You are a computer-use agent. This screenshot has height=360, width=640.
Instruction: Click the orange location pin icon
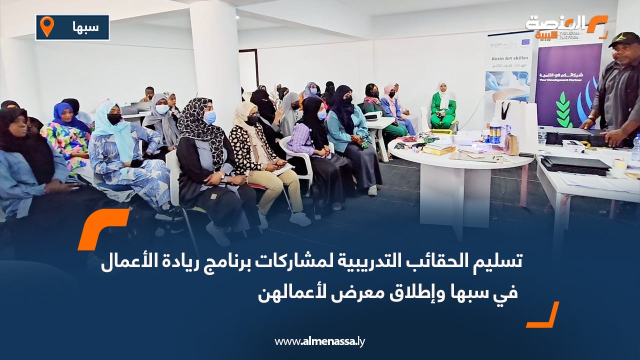(46, 26)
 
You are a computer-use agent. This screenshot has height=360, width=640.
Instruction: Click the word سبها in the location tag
(84, 27)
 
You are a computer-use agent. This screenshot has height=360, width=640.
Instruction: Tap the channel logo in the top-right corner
(566, 26)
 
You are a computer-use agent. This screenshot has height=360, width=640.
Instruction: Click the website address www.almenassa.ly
(319, 341)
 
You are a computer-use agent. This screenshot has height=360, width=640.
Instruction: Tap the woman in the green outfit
(443, 106)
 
